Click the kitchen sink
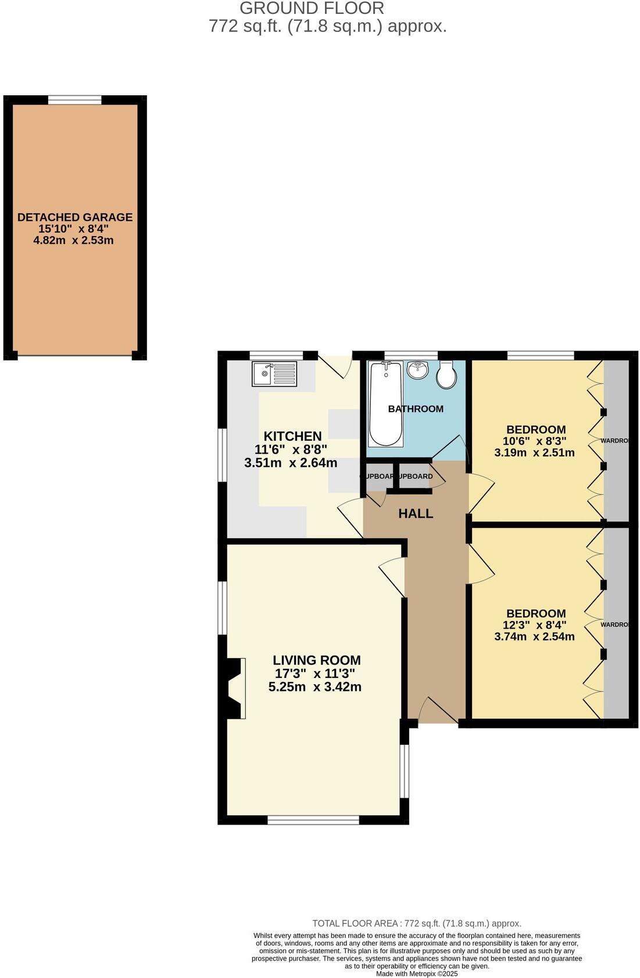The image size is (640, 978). [274, 374]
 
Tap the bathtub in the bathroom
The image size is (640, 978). [385, 403]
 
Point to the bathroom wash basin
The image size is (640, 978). [417, 369]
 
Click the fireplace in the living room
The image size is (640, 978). [235, 688]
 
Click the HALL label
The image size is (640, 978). [416, 513]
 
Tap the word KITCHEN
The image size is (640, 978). [292, 436]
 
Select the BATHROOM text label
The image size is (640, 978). [416, 409]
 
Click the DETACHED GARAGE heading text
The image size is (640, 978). [75, 217]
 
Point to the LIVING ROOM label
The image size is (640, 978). [317, 661]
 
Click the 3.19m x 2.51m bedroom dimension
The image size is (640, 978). [534, 452]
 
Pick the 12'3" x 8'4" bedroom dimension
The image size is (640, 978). [534, 625]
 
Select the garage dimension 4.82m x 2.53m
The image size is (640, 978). [73, 240]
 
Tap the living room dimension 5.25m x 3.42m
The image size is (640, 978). [314, 687]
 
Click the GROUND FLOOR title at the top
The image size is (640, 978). [312, 8]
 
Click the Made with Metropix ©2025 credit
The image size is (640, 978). [417, 973]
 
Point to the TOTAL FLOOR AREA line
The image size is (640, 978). [417, 923]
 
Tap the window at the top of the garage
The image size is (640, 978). [74, 99]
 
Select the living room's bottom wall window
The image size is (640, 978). [313, 820]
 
